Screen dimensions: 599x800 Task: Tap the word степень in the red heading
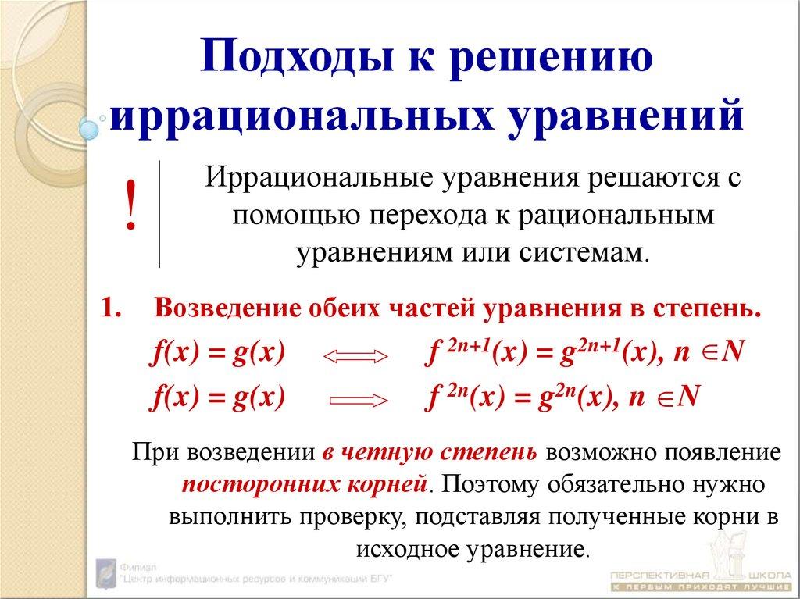click(708, 308)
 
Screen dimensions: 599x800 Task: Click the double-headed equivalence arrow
click(355, 357)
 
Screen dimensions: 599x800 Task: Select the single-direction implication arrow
click(359, 401)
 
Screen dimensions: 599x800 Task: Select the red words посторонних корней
click(304, 484)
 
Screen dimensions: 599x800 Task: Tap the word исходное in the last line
click(405, 547)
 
